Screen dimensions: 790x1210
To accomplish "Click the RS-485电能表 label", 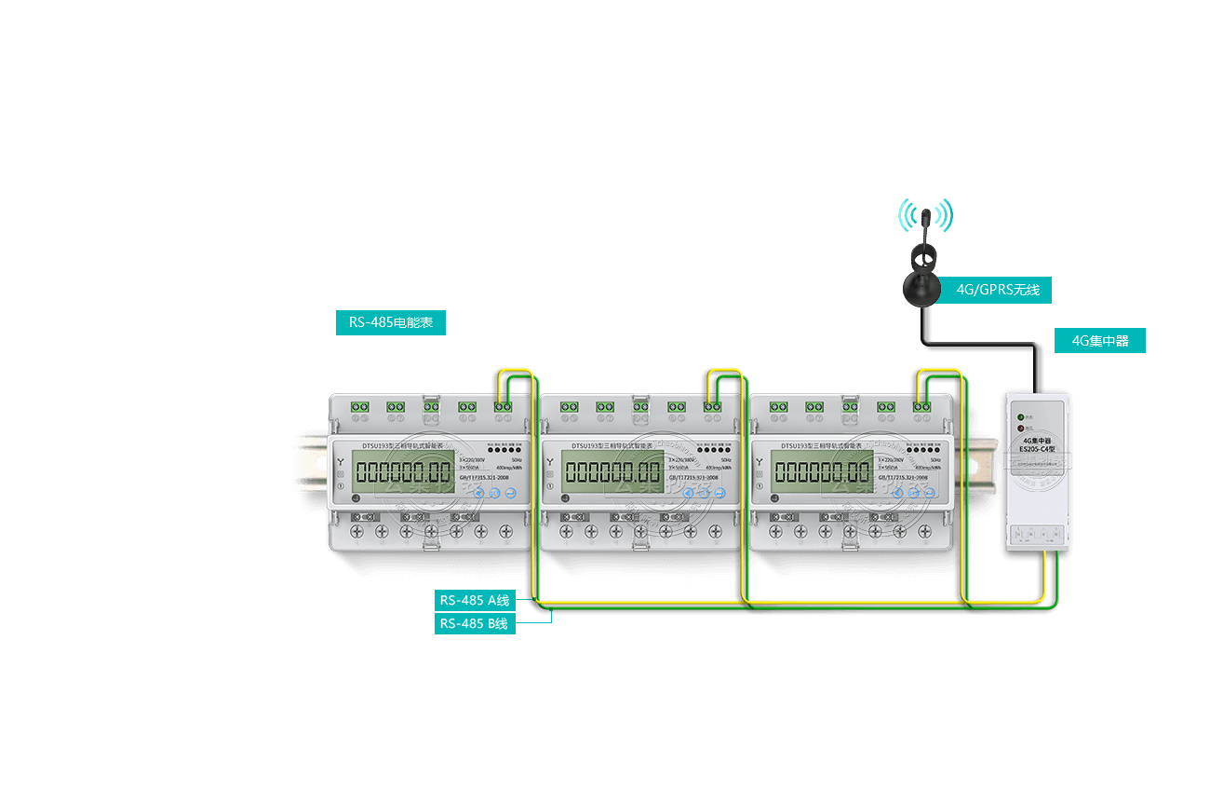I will (x=391, y=323).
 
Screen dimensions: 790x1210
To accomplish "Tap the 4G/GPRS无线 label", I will (x=998, y=290).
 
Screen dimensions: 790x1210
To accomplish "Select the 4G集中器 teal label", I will (x=1099, y=341).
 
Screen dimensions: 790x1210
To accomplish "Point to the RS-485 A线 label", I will (x=475, y=600).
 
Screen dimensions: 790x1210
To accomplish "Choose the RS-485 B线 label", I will (x=475, y=623).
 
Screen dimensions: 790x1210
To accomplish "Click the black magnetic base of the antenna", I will (x=924, y=288).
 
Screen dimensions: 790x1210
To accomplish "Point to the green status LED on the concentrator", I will (x=1021, y=417).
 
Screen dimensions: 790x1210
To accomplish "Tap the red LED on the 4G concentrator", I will (x=1021, y=429).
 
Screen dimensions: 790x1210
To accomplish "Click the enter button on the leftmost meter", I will (x=511, y=493).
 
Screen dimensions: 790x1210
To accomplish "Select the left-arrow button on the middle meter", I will (x=690, y=493).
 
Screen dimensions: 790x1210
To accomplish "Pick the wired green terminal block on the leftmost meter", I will (x=503, y=406).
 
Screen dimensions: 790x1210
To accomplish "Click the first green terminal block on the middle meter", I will (x=570, y=406).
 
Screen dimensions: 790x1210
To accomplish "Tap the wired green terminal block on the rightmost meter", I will (x=921, y=406).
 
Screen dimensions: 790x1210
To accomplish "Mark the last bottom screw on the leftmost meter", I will (x=505, y=532).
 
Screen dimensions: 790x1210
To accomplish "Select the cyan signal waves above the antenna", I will (x=925, y=214).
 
